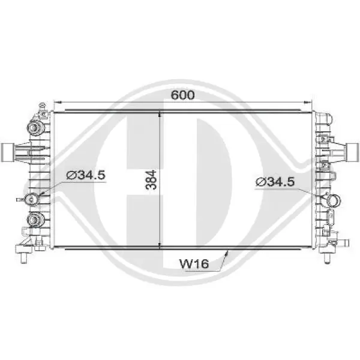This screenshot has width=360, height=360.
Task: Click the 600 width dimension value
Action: click(183, 95)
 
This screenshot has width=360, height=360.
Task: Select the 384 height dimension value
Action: click(151, 180)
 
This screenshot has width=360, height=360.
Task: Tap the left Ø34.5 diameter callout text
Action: click(86, 175)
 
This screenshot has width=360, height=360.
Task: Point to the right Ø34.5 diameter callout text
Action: click(275, 182)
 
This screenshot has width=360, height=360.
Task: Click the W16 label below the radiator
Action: click(194, 263)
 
